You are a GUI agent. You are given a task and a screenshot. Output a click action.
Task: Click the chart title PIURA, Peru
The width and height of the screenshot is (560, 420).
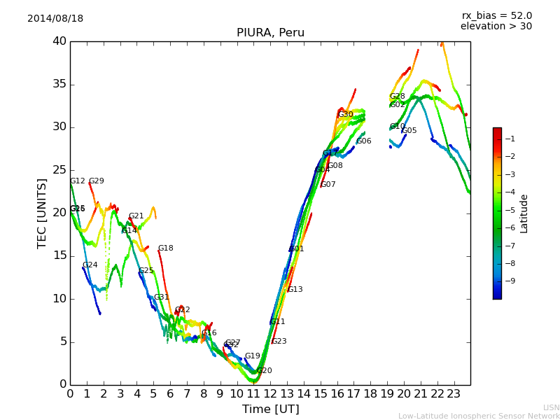pos(270,33)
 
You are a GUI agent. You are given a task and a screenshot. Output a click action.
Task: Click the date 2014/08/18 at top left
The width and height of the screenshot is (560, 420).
pos(55,19)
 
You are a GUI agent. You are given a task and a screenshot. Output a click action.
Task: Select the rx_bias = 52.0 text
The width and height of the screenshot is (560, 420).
pos(496,16)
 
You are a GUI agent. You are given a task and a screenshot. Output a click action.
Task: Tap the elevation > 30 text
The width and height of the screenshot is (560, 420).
pos(496,27)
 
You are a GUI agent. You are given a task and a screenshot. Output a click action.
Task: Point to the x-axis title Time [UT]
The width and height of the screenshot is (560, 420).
pos(270,409)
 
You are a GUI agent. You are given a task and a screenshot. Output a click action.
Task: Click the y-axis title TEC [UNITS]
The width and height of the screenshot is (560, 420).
pos(42,213)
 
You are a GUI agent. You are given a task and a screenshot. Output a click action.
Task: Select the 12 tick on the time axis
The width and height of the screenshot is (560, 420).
pos(270,393)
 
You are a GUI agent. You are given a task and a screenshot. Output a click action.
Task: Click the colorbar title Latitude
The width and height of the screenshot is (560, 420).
pos(524,213)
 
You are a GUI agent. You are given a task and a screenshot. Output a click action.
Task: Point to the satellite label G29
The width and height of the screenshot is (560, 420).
pos(96,181)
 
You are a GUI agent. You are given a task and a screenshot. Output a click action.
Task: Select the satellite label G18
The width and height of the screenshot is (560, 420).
pos(165,248)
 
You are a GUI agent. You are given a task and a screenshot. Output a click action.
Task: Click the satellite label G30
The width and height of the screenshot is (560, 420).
pos(346,115)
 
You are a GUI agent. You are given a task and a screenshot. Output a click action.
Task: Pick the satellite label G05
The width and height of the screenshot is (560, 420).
pos(409,131)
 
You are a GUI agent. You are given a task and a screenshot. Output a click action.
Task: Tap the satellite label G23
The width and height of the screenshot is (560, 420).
pos(279,342)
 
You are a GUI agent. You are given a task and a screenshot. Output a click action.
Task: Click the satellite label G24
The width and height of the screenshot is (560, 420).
pos(90,265)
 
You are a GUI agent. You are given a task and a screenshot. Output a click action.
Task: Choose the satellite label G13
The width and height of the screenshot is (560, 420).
pos(295,290)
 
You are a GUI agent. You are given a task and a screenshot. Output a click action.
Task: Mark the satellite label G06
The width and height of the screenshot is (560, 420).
pos(364,141)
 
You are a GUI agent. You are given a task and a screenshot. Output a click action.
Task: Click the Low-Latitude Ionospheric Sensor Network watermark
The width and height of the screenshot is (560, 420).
pos(479,416)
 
